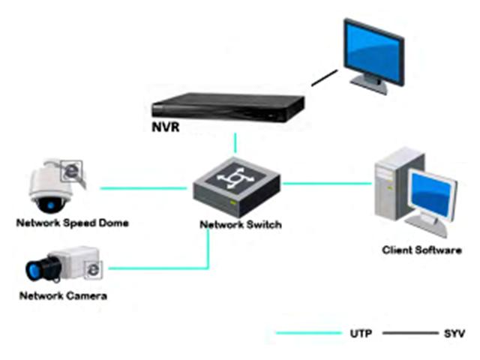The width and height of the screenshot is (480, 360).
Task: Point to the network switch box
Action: click(235, 187)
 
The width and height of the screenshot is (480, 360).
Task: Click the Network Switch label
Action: click(240, 224)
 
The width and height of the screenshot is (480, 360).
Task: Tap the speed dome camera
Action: click(52, 186)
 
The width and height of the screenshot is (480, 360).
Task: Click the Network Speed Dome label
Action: click(72, 223)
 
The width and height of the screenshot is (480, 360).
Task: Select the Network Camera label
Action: click(63, 295)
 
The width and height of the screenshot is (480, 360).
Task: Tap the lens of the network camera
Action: click(37, 271)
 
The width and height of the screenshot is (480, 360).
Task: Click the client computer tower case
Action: click(391, 184)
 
